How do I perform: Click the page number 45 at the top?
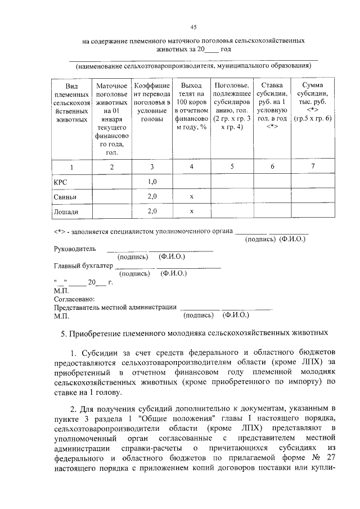click(193, 27)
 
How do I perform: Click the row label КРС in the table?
click(60, 182)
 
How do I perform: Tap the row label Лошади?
click(65, 211)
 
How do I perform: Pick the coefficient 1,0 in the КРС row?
click(152, 182)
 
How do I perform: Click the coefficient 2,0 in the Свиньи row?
click(152, 197)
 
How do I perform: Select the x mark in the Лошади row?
click(192, 211)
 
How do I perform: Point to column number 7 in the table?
click(313, 167)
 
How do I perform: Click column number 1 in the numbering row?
click(71, 167)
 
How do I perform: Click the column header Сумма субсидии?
click(313, 102)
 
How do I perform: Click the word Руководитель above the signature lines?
click(75, 249)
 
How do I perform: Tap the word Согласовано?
click(74, 299)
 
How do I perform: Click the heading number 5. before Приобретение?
click(64, 334)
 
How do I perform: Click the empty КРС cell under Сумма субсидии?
click(313, 182)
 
